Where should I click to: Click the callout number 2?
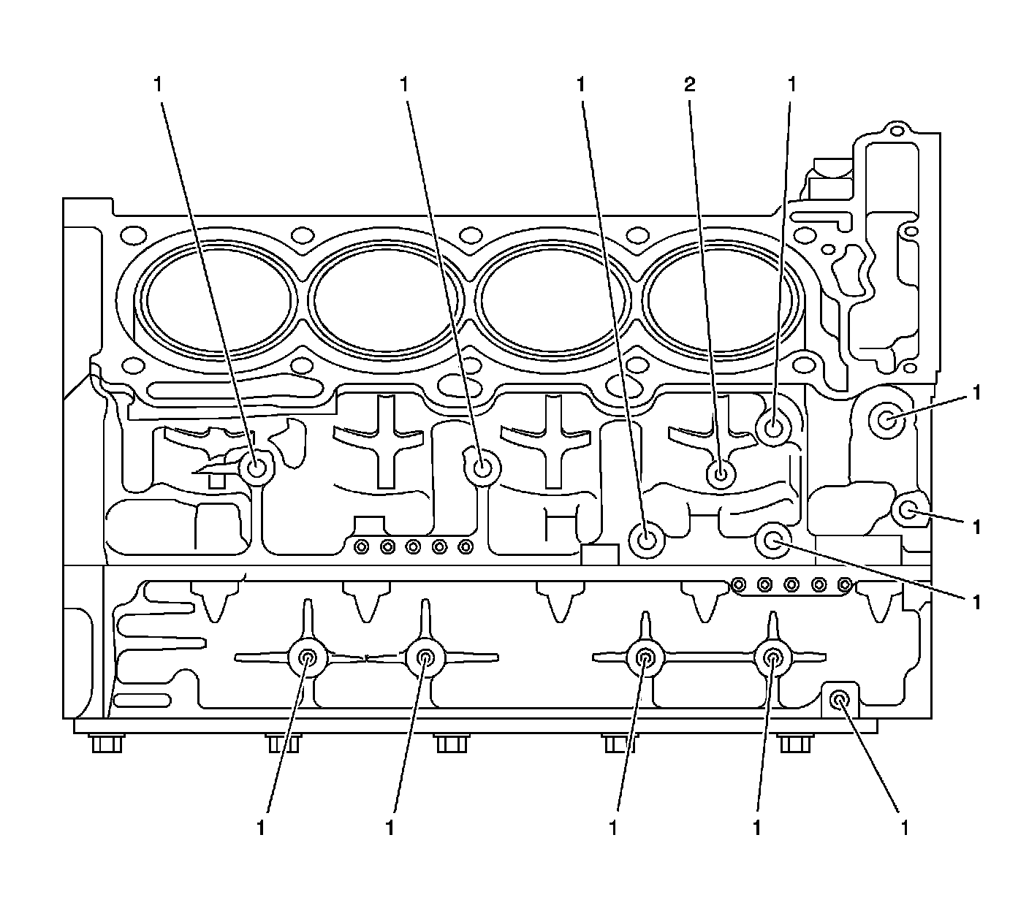point(689,85)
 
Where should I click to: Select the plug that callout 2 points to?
point(721,474)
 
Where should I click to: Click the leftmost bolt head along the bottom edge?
point(107,744)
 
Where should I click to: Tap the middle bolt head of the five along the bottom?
point(450,744)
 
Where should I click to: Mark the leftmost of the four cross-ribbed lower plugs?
point(308,657)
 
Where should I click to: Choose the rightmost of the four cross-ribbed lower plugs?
point(772,657)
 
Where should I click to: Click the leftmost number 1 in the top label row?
point(157,85)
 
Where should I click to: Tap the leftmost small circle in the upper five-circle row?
point(360,546)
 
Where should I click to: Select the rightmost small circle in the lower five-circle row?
point(845,584)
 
